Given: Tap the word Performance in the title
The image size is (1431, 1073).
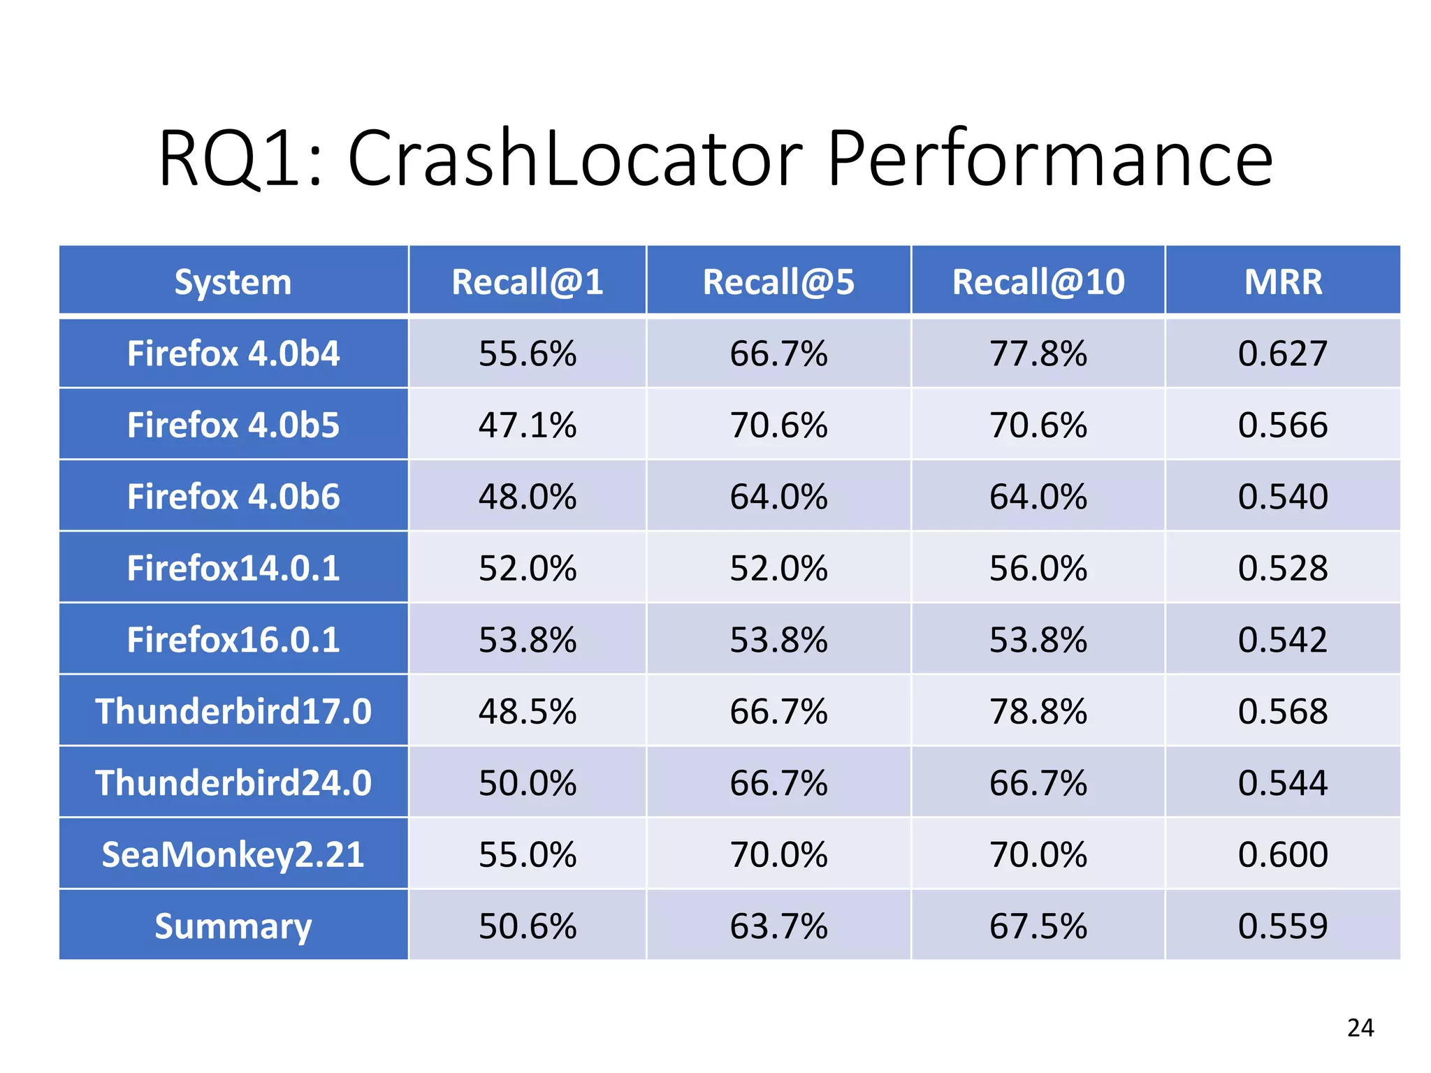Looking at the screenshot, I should point(1050,159).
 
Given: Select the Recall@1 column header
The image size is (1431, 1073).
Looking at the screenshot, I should point(528,282).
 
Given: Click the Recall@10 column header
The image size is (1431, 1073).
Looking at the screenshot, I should point(1038,282).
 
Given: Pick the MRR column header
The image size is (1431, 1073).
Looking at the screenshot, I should point(1283,282).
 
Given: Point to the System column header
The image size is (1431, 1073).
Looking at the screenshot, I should point(233,282).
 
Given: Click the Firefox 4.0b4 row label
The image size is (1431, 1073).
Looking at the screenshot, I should point(233,353).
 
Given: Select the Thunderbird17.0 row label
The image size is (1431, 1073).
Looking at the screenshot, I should point(233,711).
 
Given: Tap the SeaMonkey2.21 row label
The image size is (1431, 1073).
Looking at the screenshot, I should point(233,854).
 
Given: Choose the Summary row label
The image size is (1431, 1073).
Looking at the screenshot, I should point(233,926).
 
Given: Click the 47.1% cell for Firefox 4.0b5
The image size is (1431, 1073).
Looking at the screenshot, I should point(528,425).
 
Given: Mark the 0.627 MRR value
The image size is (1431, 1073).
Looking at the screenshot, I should point(1283,353).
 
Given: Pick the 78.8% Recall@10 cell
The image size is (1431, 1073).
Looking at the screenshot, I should point(1038,711).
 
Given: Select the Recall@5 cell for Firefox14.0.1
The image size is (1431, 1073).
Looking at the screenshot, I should point(778,568).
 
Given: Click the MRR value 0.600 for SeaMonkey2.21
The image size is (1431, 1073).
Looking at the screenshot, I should point(1283,854).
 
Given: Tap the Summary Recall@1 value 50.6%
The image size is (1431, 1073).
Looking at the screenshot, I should point(528,926).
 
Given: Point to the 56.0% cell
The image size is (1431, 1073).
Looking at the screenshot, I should point(1038,568).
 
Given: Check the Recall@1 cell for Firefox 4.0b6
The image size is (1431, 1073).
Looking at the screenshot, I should point(528,497).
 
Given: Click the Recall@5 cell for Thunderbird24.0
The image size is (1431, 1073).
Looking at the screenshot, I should point(778,783).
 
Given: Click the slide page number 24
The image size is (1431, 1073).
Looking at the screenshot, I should point(1360,1028).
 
